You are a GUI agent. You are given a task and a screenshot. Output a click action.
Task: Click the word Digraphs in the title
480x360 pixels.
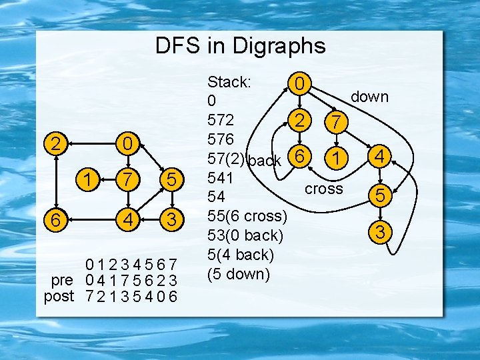point(280,45)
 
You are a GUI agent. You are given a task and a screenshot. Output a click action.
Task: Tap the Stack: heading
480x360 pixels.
point(229,83)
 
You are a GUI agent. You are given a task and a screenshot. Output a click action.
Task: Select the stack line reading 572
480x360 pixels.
point(220,121)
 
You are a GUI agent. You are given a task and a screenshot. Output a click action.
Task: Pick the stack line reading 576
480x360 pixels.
point(220,139)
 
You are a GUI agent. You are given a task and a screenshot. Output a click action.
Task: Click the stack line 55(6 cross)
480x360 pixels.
point(247,216)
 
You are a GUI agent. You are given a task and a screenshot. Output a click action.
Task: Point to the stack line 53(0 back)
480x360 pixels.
point(245,235)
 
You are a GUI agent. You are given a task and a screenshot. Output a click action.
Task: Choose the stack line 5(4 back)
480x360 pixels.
point(241,254)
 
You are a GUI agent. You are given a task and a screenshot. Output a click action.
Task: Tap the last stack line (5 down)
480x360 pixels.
point(239,273)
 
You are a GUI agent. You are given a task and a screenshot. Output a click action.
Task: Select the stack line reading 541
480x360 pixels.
point(220,178)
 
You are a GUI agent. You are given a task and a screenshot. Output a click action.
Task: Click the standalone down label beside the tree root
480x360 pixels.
point(369,97)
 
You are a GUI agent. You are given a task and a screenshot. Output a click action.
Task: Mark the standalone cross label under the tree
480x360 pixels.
point(323,189)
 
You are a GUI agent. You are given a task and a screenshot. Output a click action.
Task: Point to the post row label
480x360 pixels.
point(59,295)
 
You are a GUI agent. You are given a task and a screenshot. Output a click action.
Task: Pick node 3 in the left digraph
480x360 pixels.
point(171,218)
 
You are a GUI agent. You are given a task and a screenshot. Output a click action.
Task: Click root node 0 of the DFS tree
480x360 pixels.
point(301,84)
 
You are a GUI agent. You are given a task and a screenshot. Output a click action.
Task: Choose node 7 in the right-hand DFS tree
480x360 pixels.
point(337,121)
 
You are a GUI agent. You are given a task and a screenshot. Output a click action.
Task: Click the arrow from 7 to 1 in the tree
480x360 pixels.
point(338,139)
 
